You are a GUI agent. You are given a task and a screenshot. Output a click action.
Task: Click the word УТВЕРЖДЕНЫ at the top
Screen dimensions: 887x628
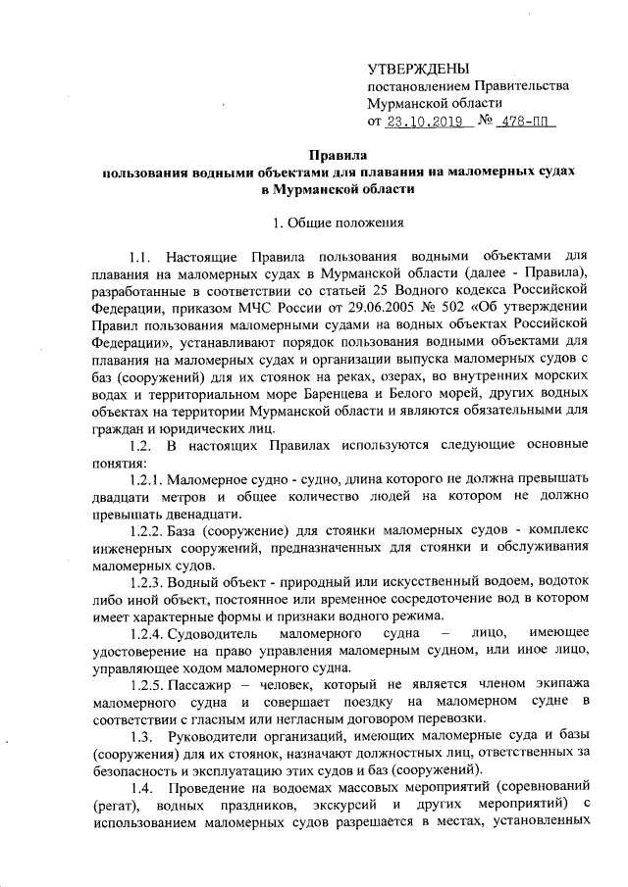tap(417, 68)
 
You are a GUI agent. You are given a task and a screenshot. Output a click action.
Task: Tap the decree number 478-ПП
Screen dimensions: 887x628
tap(525, 123)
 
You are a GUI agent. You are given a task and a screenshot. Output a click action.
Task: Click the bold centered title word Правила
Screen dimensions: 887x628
tap(339, 155)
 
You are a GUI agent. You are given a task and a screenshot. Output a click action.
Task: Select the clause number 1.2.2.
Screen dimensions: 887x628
tap(145, 535)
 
